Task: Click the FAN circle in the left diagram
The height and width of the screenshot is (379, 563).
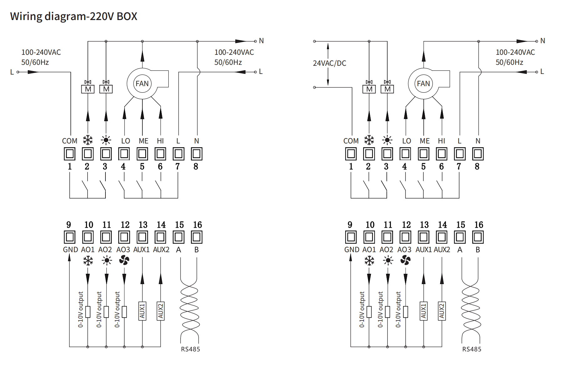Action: point(142,84)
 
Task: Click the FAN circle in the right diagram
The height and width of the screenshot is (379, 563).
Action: point(423,84)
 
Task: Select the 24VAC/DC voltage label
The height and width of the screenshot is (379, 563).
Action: point(330,63)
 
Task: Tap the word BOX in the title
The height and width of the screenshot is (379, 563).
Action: point(127,16)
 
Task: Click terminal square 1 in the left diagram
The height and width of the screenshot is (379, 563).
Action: point(69,154)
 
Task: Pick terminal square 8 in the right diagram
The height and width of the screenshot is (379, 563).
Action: point(478,154)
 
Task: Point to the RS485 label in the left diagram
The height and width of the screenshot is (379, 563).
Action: point(190,349)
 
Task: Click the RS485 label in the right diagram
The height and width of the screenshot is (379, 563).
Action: point(472,349)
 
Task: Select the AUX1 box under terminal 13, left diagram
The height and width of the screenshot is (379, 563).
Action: point(142,311)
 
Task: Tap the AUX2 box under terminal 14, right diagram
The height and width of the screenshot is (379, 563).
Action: point(442,311)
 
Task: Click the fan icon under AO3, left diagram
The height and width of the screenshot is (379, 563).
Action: point(124,260)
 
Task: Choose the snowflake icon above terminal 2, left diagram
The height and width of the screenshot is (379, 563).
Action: point(88,140)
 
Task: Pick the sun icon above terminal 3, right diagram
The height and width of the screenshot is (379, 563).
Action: point(387,140)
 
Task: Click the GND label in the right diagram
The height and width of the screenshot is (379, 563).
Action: point(352,250)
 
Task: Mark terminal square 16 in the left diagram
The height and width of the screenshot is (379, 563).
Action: point(197,237)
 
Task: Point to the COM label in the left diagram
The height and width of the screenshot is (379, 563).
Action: point(69,141)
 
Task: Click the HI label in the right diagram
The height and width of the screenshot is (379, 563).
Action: point(442,141)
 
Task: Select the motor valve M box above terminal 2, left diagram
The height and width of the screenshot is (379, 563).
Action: point(88,89)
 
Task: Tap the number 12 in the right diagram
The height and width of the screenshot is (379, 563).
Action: point(406,225)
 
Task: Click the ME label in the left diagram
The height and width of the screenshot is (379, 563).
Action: point(143,141)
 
